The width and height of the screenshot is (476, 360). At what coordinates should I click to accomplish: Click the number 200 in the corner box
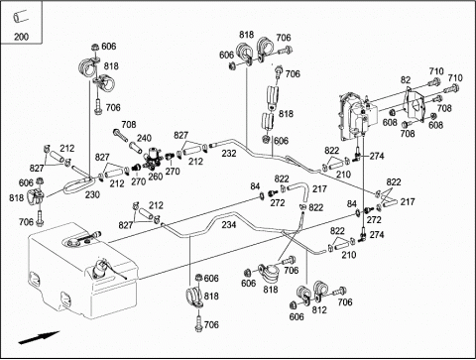(21, 36)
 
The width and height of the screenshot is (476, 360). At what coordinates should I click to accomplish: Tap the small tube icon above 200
(21, 16)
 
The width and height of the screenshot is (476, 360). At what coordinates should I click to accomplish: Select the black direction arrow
(39, 337)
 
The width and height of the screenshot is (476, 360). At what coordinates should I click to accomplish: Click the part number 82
(406, 80)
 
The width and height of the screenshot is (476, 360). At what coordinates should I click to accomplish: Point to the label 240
(144, 138)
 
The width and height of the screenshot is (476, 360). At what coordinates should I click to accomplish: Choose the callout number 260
(155, 177)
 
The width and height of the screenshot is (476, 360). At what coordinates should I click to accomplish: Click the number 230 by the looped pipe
(92, 194)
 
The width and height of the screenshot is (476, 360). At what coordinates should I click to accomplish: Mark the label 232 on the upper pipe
(229, 154)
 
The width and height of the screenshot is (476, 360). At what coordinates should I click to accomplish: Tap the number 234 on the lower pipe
(229, 225)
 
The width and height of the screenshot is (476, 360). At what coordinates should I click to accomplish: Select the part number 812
(319, 309)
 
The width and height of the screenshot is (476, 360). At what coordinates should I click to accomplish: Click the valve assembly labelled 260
(152, 158)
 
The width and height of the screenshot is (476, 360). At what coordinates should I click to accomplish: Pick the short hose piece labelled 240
(135, 146)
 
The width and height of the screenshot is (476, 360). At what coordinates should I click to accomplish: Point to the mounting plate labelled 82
(416, 104)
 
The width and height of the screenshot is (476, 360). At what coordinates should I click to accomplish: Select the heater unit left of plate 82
(357, 116)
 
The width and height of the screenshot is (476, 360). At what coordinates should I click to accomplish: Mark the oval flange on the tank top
(75, 242)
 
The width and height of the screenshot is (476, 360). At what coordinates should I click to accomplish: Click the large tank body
(82, 271)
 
